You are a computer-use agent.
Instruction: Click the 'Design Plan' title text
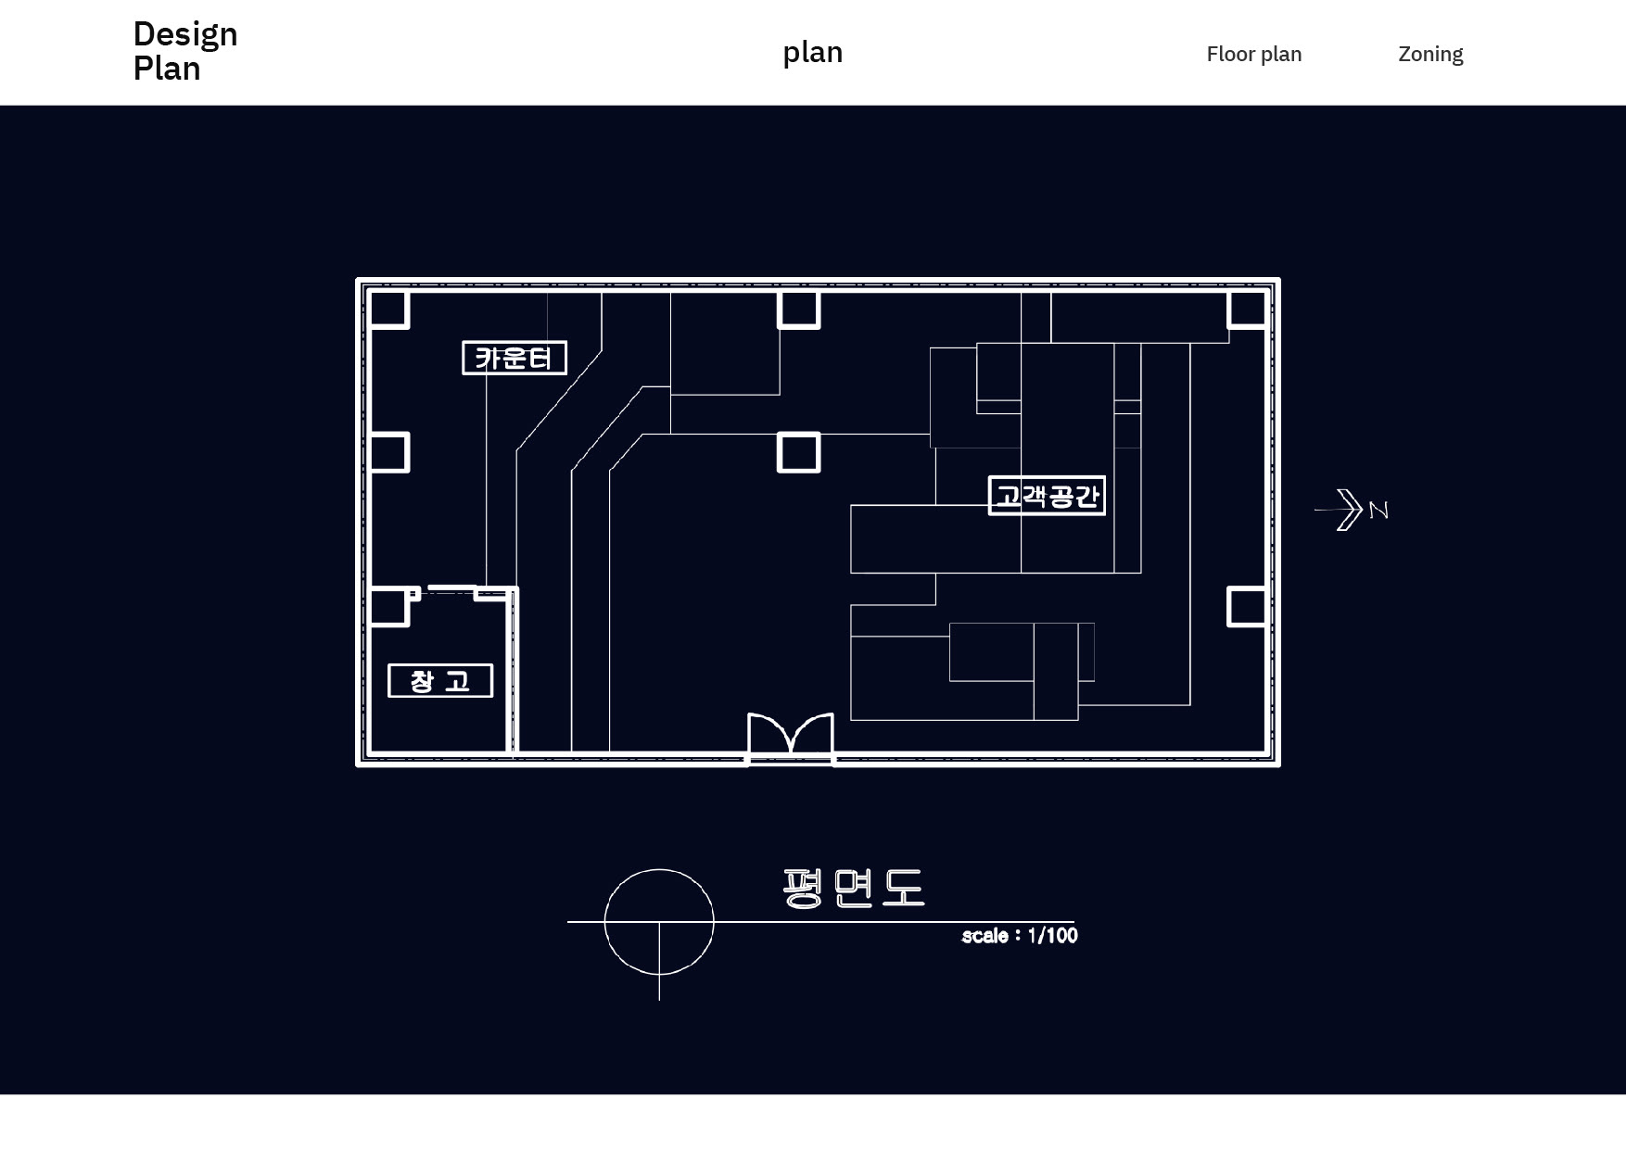(x=185, y=51)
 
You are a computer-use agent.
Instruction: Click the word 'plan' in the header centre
(x=812, y=52)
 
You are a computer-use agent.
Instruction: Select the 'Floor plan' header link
(x=1253, y=54)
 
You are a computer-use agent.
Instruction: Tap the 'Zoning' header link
(x=1430, y=54)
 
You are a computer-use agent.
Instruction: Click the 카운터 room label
(x=514, y=358)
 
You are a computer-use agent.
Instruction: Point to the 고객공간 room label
(x=1047, y=496)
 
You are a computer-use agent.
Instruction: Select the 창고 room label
(x=439, y=681)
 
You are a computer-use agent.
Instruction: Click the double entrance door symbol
(x=791, y=738)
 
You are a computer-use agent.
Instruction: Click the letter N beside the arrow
(x=1378, y=511)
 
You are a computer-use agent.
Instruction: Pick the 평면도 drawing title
(x=853, y=888)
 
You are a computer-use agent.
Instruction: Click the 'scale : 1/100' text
(x=1019, y=936)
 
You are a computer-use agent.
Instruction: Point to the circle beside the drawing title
(x=659, y=921)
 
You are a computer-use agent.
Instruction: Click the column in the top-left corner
(x=389, y=309)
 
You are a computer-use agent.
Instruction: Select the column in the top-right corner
(x=1247, y=309)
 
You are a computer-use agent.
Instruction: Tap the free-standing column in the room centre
(x=798, y=452)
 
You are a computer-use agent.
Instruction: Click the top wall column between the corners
(x=798, y=309)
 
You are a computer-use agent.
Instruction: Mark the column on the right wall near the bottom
(x=1247, y=606)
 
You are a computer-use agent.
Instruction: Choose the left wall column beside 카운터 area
(x=389, y=452)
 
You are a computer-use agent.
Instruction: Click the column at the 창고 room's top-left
(x=389, y=606)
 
